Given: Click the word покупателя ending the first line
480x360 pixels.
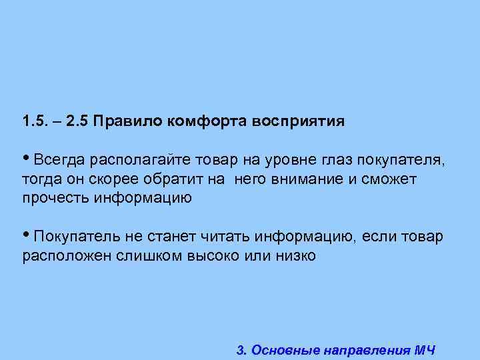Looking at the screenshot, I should click(399, 161).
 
